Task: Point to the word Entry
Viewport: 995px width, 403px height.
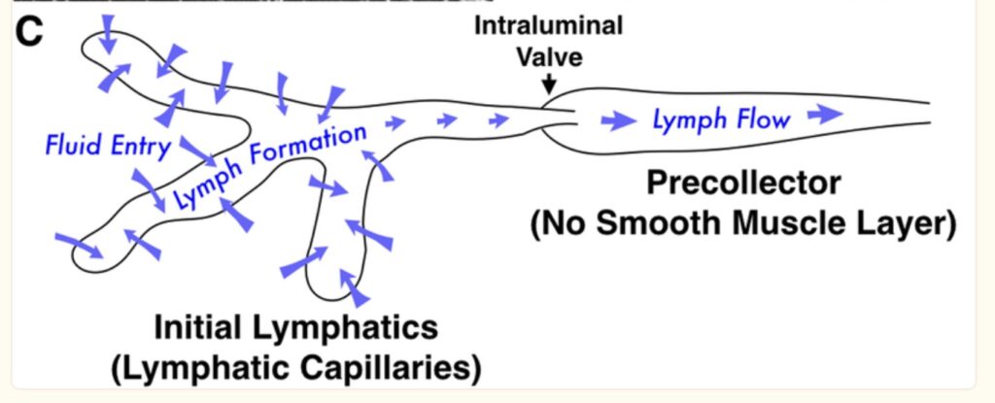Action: click(139, 147)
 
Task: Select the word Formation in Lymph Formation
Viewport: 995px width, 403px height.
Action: click(305, 146)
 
